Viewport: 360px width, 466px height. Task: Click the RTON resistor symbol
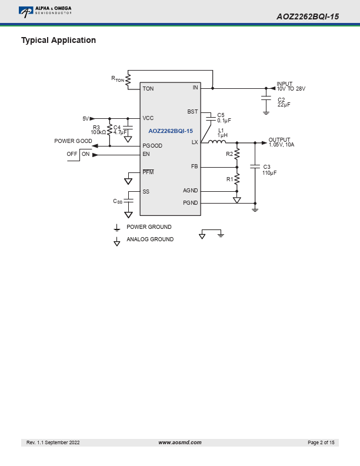pos(128,80)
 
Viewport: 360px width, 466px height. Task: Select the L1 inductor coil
pos(216,141)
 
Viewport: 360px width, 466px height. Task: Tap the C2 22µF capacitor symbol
pos(266,98)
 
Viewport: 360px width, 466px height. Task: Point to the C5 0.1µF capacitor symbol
pos(211,118)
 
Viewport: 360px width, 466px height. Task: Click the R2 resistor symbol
pos(237,154)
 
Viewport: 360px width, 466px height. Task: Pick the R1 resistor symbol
pos(237,179)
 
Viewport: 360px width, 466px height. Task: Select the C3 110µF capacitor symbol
pos(255,167)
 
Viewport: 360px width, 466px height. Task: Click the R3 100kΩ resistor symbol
pos(109,129)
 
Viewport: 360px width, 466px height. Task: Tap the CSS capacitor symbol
pos(128,201)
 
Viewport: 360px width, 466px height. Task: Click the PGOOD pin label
pos(152,146)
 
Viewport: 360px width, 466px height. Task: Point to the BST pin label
pos(192,111)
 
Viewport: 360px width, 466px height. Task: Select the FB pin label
pos(195,167)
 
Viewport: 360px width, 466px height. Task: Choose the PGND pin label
pos(191,202)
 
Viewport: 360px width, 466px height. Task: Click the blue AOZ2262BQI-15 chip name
pos(171,131)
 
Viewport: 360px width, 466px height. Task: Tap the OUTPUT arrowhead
pos(264,143)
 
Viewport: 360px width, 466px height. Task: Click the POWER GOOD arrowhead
pos(95,146)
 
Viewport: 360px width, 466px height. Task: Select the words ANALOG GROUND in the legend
pos(150,239)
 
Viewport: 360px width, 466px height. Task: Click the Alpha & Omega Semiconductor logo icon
pos(26,12)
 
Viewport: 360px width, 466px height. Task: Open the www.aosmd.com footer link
pos(179,442)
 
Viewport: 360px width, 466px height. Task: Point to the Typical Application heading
pos(58,41)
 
